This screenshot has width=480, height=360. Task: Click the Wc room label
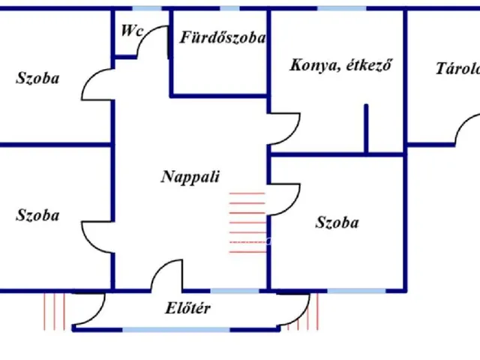tap(132, 31)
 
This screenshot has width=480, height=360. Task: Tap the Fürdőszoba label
tap(223, 37)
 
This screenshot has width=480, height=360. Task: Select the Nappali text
tap(190, 177)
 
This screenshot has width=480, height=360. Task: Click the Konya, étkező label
tap(340, 65)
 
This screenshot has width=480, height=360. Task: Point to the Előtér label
tap(188, 308)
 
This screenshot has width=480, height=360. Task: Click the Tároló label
tap(458, 68)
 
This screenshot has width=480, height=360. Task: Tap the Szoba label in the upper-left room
tap(37, 78)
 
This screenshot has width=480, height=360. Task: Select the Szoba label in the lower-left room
tap(37, 215)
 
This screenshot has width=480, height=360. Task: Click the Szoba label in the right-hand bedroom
tap(337, 222)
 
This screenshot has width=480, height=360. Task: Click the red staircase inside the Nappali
tap(247, 223)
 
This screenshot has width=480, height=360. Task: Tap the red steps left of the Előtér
tap(55, 312)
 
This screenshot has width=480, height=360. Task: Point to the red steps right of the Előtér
tap(303, 312)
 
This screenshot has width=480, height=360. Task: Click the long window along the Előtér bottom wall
tap(176, 330)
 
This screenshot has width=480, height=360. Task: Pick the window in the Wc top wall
tap(147, 8)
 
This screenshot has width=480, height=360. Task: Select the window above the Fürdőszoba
tap(229, 8)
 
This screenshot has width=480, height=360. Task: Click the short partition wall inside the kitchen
tap(366, 128)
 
